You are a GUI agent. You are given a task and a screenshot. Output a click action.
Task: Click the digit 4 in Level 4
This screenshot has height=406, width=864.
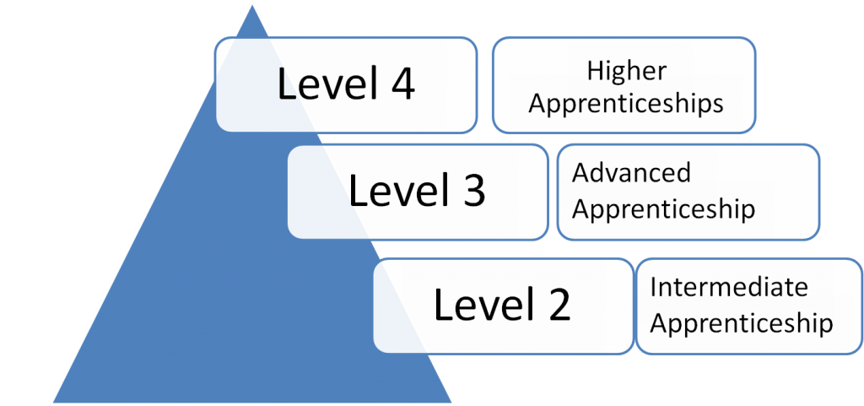pos(400,84)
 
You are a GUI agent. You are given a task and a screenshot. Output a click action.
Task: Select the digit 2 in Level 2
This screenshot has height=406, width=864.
pos(556,305)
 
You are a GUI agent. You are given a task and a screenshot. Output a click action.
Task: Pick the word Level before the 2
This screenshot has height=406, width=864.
pos(481,305)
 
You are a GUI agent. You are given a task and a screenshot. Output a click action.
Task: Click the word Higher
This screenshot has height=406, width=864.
pos(626,72)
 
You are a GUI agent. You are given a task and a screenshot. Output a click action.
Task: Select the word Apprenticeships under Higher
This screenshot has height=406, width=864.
pos(626,103)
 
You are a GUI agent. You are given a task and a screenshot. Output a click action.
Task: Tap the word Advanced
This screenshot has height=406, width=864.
pos(631,173)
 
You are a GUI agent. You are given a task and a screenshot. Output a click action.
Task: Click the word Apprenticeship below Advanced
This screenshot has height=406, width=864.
pos(663,208)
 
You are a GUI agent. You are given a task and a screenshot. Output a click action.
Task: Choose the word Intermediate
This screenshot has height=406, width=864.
pos(728,287)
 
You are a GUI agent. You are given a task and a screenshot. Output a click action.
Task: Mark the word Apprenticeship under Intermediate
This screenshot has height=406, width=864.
pos(741,322)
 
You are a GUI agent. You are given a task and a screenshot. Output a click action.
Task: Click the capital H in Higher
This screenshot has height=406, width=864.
pos(593,70)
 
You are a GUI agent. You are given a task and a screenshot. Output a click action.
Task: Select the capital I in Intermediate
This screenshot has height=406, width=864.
pos(654,287)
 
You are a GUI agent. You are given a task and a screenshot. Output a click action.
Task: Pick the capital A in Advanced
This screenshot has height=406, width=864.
pos(580,173)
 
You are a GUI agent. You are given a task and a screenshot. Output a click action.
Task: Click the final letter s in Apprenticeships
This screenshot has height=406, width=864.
pos(717,103)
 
